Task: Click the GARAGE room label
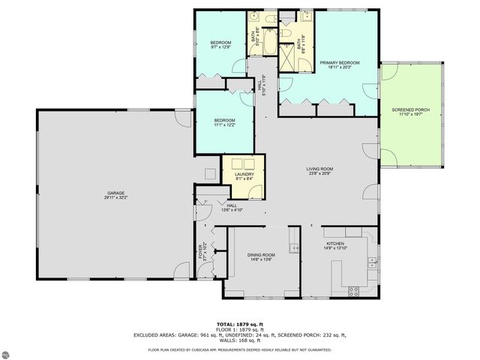tap(115, 193)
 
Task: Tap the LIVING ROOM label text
tap(319, 169)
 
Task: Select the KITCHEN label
tap(334, 243)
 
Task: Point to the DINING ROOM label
tap(261, 255)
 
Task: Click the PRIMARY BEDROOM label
tap(339, 62)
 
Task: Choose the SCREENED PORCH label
tap(410, 110)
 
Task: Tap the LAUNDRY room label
tap(244, 175)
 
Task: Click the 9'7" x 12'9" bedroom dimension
tap(220, 46)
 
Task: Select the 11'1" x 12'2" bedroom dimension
tap(224, 124)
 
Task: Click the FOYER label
tap(200, 253)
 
